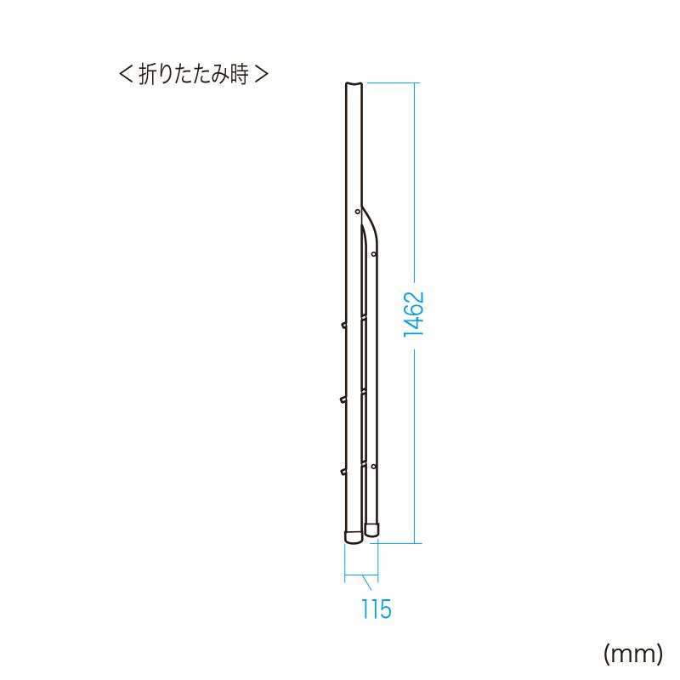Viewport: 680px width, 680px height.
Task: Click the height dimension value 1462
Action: (414, 314)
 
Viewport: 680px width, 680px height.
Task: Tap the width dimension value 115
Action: (377, 609)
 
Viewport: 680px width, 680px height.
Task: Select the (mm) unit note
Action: (633, 654)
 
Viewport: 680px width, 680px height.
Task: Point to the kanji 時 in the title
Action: (240, 74)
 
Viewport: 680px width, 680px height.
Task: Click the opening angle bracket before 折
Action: (125, 74)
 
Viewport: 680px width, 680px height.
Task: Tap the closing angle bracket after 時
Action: (262, 74)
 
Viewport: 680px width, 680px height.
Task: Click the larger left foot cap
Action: (354, 536)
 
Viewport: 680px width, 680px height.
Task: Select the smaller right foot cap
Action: (371, 530)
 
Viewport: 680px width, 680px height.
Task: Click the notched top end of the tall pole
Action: (354, 84)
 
